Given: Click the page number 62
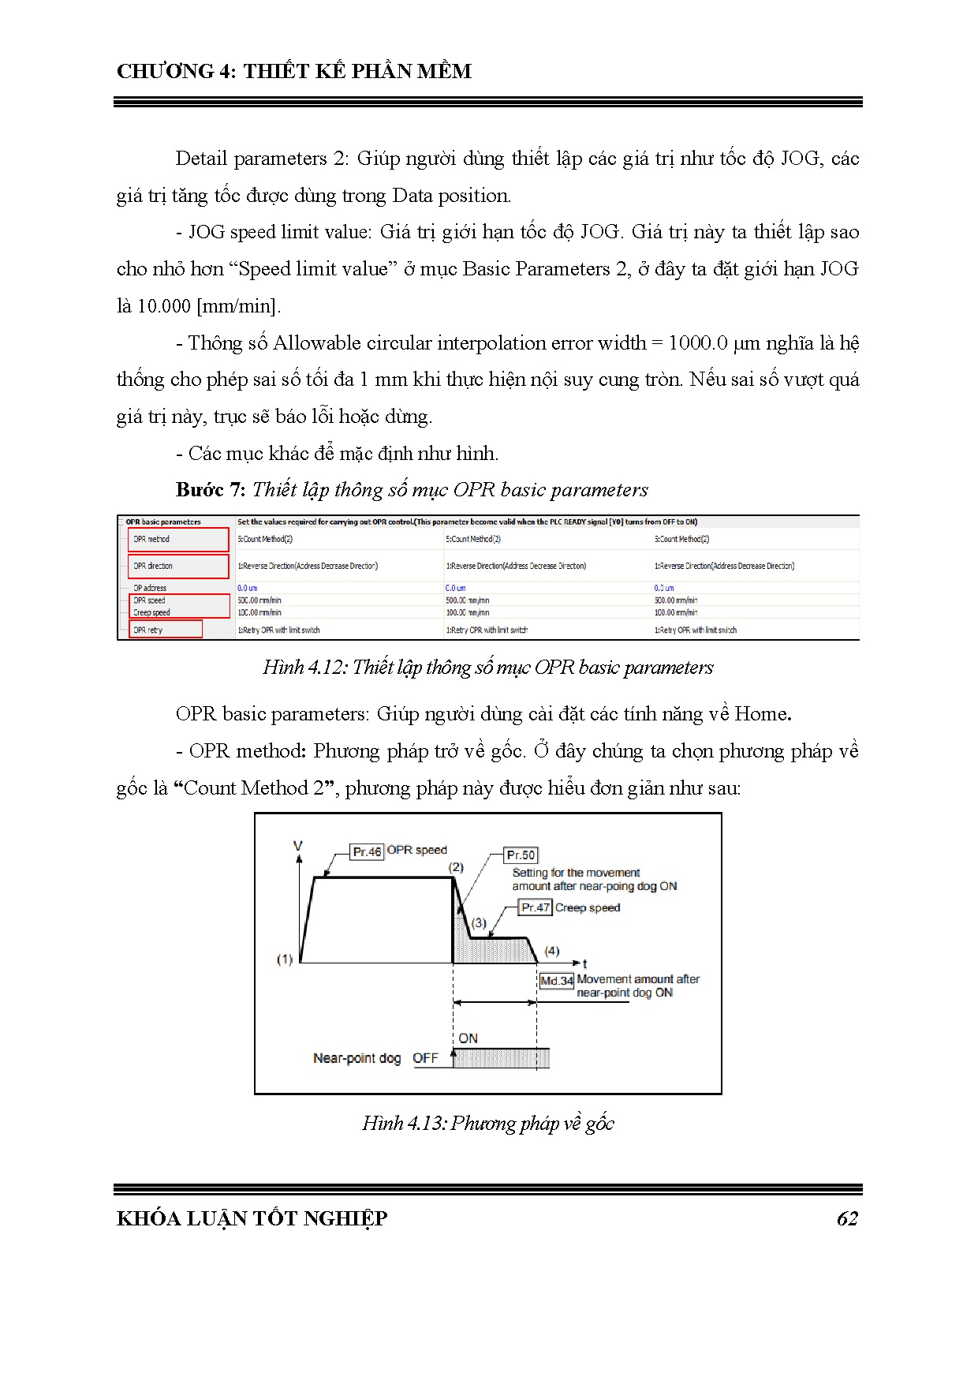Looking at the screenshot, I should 846,1218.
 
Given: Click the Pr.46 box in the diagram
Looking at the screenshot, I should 367,851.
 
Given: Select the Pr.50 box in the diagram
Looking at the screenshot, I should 521,855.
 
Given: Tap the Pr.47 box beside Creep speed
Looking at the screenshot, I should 536,907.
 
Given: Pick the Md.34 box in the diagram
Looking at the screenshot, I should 556,981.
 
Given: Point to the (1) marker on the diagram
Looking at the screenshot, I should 284,959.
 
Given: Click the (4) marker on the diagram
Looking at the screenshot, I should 552,951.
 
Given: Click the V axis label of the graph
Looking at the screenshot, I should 298,846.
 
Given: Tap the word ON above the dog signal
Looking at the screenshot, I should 468,1038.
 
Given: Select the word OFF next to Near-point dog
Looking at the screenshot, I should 425,1058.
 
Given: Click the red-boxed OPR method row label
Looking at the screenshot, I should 151,539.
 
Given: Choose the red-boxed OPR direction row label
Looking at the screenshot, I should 153,566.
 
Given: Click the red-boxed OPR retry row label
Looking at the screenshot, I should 148,630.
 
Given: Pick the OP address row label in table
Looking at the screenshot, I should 150,588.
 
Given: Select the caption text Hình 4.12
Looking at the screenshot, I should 304,668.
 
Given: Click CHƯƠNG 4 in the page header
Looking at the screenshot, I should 176,71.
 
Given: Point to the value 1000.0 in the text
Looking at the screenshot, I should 697,343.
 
